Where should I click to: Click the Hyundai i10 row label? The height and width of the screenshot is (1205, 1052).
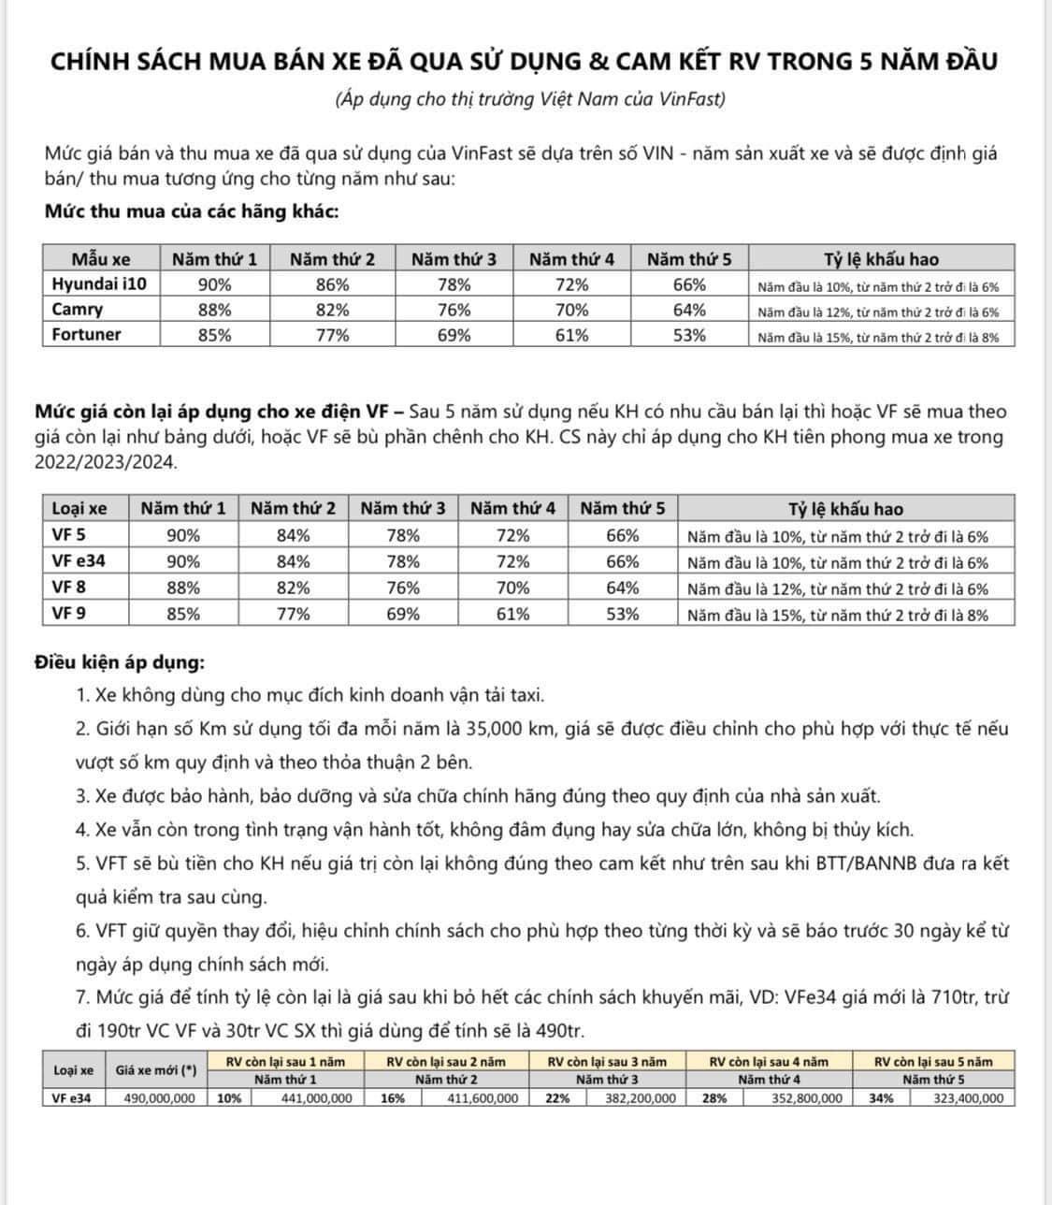click(100, 284)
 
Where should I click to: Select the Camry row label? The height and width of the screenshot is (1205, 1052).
click(78, 310)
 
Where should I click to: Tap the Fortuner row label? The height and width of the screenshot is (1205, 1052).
click(86, 335)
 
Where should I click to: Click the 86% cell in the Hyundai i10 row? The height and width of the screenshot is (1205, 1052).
click(332, 284)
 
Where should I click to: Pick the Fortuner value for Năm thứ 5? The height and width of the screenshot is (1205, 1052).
click(689, 335)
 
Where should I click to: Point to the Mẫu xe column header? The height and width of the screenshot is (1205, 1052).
click(101, 259)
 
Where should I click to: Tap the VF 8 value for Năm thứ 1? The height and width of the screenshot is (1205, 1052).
click(183, 588)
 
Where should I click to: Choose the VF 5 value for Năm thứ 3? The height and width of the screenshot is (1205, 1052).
click(403, 535)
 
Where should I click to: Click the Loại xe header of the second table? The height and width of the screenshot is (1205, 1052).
click(79, 508)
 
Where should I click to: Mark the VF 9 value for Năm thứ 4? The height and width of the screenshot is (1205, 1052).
click(512, 614)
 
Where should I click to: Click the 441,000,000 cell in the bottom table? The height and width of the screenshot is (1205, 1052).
click(317, 1098)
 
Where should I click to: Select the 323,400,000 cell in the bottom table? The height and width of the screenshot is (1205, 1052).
click(968, 1098)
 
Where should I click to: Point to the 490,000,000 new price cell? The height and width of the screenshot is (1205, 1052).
click(160, 1098)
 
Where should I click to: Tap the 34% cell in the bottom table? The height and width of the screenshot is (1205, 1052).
click(881, 1098)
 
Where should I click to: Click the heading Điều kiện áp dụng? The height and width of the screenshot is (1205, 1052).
click(119, 662)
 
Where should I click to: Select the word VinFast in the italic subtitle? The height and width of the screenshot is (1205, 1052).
click(691, 99)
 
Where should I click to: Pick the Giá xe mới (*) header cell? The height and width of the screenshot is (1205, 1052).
click(156, 1070)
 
